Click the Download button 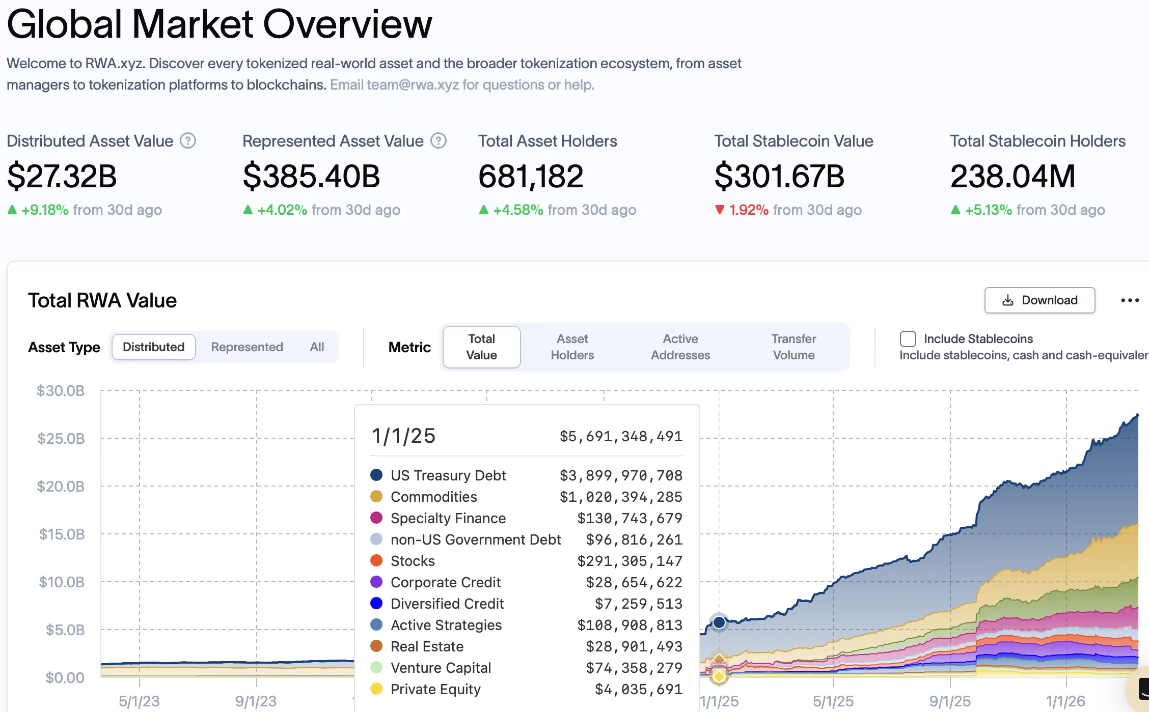coord(1039,300)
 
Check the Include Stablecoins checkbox coord(908,339)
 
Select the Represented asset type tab coord(247,347)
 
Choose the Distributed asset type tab coord(153,347)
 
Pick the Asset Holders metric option coord(572,347)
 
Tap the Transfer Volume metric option coord(793,347)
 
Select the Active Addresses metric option coord(680,347)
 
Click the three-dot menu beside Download coord(1130,300)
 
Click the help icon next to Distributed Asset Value coord(188,141)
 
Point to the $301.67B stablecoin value coord(779,176)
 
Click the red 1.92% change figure coord(748,210)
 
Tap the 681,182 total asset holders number coord(530,176)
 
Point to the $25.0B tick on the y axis coord(61,439)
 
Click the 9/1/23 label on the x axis coord(256,701)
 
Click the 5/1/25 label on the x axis coord(833,701)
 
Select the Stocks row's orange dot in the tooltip coord(376,560)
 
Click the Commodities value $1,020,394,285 coord(620,497)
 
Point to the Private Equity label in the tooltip coord(435,689)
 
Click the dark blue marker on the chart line coord(719,622)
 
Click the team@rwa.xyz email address coord(413,84)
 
